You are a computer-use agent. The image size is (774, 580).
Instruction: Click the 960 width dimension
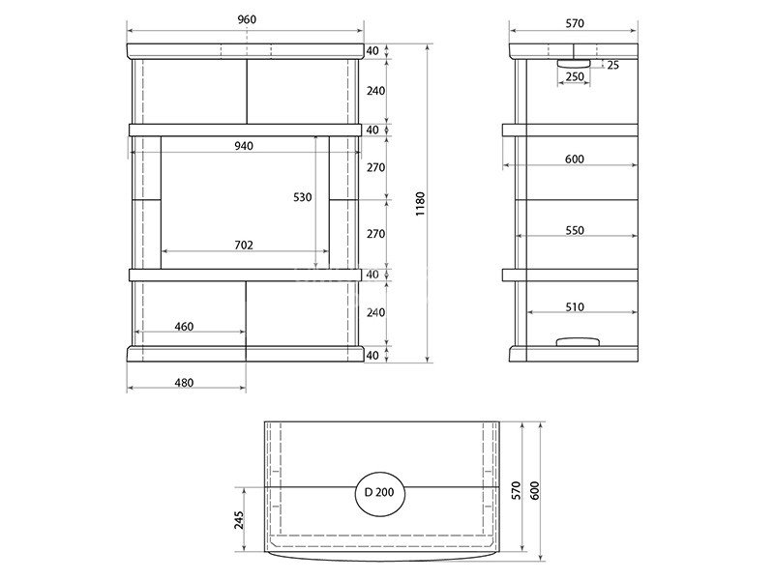pyautogui.click(x=247, y=19)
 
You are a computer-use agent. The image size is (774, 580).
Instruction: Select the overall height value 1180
pyautogui.click(x=420, y=204)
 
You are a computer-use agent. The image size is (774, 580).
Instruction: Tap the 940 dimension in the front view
pyautogui.click(x=244, y=146)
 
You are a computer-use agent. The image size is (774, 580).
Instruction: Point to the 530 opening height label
pyautogui.click(x=303, y=197)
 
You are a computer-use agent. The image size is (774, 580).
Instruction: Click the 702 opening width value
pyautogui.click(x=244, y=245)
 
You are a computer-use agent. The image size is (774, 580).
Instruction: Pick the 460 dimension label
pyautogui.click(x=184, y=327)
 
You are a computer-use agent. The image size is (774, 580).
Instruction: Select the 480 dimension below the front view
pyautogui.click(x=184, y=383)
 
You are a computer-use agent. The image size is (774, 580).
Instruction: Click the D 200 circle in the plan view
pyautogui.click(x=380, y=492)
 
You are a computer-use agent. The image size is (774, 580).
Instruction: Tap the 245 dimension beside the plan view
pyautogui.click(x=239, y=520)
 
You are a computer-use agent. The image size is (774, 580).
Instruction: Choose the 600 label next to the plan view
pyautogui.click(x=535, y=490)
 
